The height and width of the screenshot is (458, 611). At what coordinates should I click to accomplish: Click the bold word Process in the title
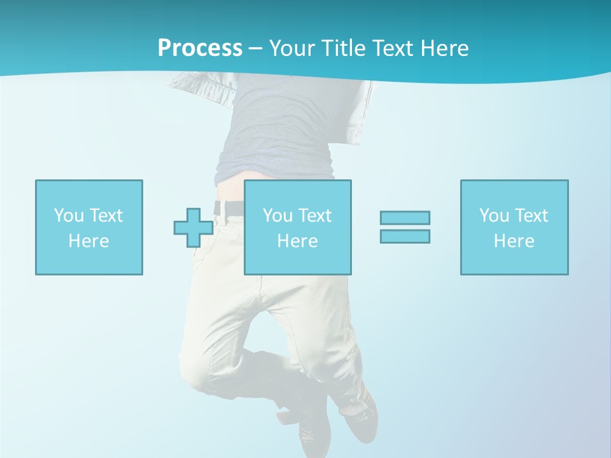(200, 48)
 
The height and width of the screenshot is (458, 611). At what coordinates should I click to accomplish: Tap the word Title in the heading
(344, 48)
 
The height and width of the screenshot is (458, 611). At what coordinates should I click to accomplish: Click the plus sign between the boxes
(193, 227)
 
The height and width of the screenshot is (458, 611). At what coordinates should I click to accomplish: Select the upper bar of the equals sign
(405, 218)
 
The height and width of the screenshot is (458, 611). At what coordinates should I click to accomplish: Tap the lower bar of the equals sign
(405, 236)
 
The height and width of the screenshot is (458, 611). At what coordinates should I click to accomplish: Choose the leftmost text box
(88, 227)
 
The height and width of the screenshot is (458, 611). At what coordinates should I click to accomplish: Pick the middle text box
(297, 227)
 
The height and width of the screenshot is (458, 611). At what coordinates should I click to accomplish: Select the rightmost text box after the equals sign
(514, 227)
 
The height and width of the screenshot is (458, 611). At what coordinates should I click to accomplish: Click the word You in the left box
(69, 216)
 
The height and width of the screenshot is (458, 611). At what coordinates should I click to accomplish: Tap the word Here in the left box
(88, 241)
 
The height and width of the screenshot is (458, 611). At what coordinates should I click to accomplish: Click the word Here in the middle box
(297, 241)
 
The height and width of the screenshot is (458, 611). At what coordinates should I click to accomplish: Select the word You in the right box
(494, 216)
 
